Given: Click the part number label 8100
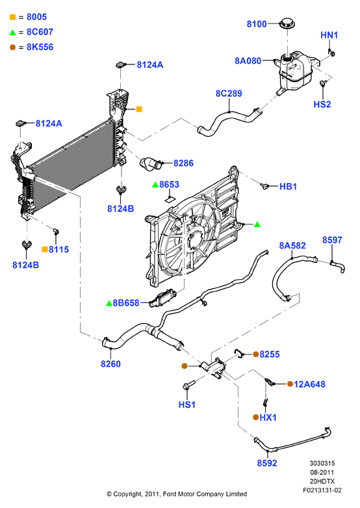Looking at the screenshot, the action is [257, 24].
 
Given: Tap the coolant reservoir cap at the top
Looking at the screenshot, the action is [287, 23].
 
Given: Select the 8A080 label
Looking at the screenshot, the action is [248, 61].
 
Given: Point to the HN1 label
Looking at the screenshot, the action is [329, 35].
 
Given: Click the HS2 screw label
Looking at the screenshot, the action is [322, 104].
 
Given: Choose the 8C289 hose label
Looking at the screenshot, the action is [229, 94].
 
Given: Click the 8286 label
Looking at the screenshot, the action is [183, 163].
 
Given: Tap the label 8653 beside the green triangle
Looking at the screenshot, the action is [170, 184].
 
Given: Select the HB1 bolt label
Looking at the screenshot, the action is [288, 187].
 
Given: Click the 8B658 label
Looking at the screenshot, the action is [126, 303].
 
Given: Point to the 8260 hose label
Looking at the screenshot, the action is [110, 364].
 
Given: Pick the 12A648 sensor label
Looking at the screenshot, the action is [309, 384].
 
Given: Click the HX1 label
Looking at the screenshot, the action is [268, 418].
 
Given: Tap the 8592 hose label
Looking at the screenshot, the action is [267, 463].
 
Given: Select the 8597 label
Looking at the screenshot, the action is [332, 240].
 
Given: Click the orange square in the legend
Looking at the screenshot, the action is [12, 17].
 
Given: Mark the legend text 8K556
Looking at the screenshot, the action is [40, 47].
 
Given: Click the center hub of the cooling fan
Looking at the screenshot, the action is [194, 241].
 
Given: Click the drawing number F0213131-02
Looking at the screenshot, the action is [322, 490].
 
